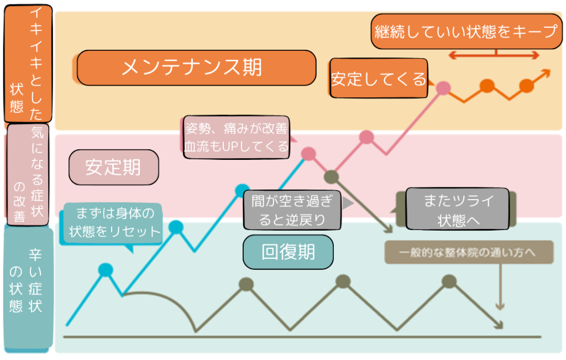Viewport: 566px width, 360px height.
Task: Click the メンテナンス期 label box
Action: (196, 67)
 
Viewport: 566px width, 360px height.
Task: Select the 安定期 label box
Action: (113, 167)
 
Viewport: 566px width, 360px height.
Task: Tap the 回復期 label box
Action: (288, 252)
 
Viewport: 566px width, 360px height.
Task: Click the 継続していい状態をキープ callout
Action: (465, 32)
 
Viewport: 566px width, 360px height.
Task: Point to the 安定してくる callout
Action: (379, 79)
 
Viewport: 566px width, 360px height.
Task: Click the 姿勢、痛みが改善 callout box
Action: (236, 138)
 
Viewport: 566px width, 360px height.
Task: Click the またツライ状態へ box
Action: (457, 208)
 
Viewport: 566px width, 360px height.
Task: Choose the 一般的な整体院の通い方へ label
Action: (469, 252)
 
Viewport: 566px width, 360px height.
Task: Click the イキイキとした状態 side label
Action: (28, 64)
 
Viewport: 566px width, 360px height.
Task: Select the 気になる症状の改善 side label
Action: (28, 174)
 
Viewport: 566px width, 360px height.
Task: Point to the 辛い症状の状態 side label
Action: (28, 288)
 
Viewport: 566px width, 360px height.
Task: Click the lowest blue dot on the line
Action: (106, 269)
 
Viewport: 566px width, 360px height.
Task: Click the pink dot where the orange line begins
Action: (443, 87)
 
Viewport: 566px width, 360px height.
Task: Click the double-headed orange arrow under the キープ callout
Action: (493, 55)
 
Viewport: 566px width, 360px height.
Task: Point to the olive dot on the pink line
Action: (331, 177)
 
